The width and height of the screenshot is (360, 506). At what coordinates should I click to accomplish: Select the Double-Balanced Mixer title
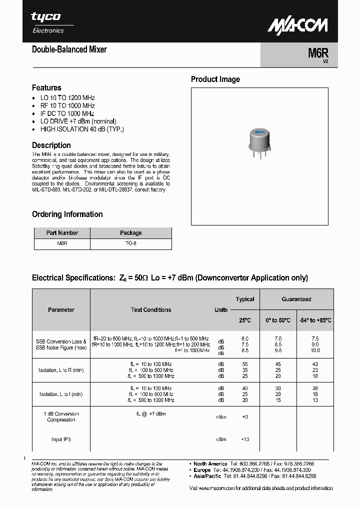69,49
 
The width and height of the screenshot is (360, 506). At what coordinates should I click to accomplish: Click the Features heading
46,87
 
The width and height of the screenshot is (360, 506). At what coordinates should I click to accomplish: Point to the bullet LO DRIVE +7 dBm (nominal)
78,121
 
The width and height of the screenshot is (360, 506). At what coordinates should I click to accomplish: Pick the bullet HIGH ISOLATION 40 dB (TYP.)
81,129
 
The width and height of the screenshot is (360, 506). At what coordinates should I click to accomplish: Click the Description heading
51,145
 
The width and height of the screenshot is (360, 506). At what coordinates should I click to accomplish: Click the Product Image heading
215,79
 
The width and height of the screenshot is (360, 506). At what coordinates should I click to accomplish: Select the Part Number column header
62,233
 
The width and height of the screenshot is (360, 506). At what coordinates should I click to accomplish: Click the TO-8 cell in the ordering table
130,244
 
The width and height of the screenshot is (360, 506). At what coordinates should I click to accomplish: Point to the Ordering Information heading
67,214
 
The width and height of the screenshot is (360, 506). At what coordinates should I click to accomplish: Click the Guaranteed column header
296,299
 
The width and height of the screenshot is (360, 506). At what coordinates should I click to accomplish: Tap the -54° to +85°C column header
315,320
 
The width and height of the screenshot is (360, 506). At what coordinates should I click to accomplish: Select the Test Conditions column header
150,310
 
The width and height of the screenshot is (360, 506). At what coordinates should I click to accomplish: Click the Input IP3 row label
61,439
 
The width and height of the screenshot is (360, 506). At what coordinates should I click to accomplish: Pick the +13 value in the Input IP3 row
245,439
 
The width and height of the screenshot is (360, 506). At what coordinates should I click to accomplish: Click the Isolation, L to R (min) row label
61,370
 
